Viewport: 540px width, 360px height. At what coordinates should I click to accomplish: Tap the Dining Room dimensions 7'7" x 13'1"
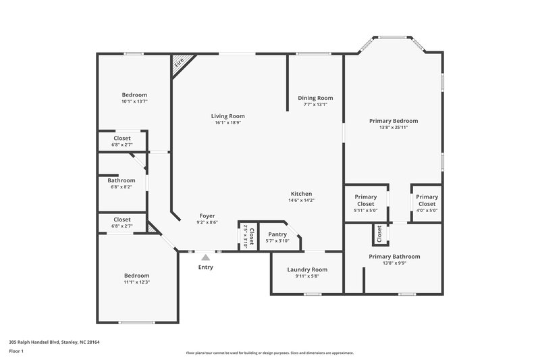click(x=315, y=105)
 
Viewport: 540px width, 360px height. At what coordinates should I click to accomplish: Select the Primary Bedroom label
click(x=393, y=121)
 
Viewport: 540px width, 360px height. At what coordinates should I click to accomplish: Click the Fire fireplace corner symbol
click(x=179, y=63)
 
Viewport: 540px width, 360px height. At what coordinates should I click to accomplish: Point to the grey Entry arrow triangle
click(x=205, y=257)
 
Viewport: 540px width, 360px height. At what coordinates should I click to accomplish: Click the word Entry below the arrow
click(x=205, y=267)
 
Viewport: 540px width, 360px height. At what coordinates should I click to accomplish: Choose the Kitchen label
click(x=301, y=194)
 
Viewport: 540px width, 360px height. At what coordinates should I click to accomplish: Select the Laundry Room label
click(x=307, y=269)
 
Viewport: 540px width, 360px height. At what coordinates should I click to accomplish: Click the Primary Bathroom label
click(x=394, y=257)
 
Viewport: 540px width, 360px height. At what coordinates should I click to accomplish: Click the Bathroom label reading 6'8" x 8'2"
click(x=122, y=180)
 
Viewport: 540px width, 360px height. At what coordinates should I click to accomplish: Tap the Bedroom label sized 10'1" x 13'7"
click(x=134, y=95)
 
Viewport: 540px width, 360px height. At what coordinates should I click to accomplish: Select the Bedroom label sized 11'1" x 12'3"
click(x=136, y=276)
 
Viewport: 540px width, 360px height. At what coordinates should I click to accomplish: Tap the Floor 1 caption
click(x=16, y=352)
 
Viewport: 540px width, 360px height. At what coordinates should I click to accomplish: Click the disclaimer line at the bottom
click(x=269, y=353)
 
